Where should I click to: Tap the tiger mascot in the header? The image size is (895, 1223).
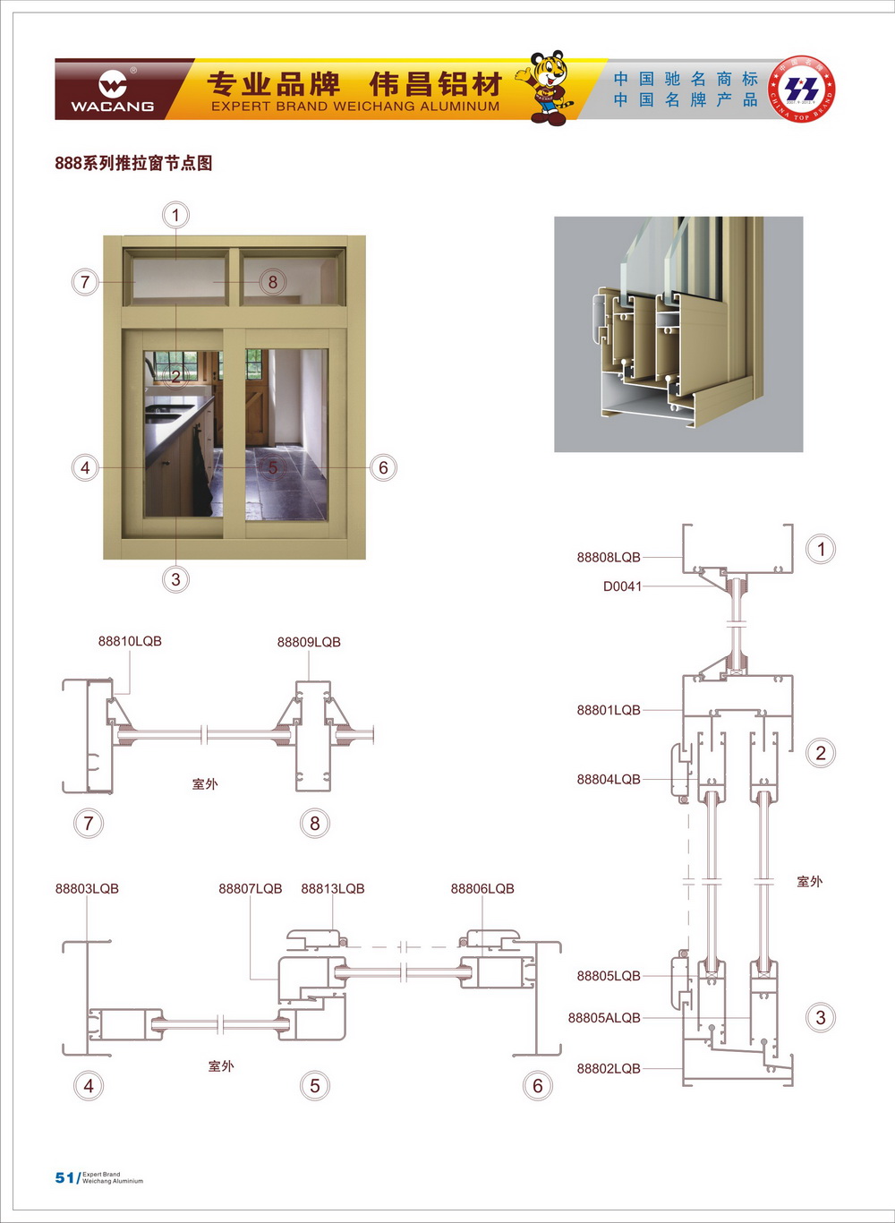pyautogui.click(x=546, y=88)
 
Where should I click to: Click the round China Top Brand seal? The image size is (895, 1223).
pyautogui.click(x=802, y=90)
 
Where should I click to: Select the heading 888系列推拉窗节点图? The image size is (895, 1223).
pyautogui.click(x=133, y=163)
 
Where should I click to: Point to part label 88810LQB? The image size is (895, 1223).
pyautogui.click(x=130, y=641)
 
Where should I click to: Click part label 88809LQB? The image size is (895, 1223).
pyautogui.click(x=309, y=642)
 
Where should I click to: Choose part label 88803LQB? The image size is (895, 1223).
pyautogui.click(x=87, y=888)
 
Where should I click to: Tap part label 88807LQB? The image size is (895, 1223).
pyautogui.click(x=250, y=888)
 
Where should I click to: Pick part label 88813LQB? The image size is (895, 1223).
pyautogui.click(x=333, y=888)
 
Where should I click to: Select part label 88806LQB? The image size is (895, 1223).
pyautogui.click(x=482, y=888)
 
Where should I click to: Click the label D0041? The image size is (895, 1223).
pyautogui.click(x=622, y=586)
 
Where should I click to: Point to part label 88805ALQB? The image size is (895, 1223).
pyautogui.click(x=604, y=1017)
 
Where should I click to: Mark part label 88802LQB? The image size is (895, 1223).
pyautogui.click(x=609, y=1068)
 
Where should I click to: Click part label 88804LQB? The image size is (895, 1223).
pyautogui.click(x=609, y=779)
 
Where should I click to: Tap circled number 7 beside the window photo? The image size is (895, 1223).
pyautogui.click(x=85, y=282)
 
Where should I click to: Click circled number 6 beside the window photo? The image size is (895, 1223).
pyautogui.click(x=383, y=467)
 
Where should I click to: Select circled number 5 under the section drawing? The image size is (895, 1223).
pyautogui.click(x=314, y=1086)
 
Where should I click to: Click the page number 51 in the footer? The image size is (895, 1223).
pyautogui.click(x=64, y=1177)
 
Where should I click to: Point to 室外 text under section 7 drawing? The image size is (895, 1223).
pyautogui.click(x=205, y=783)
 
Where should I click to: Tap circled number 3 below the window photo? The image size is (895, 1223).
pyautogui.click(x=175, y=579)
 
